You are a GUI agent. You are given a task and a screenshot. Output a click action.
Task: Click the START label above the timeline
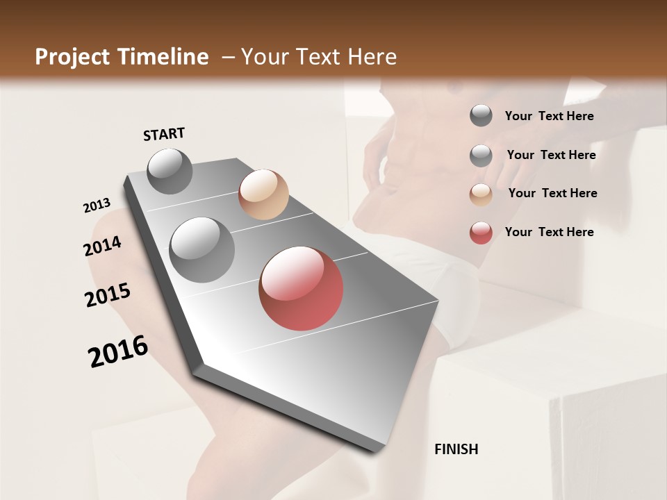(164, 134)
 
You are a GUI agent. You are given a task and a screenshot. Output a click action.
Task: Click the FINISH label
(456, 449)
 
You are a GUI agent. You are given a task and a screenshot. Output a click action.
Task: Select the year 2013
(97, 206)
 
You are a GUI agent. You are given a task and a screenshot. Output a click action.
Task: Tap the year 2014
(102, 247)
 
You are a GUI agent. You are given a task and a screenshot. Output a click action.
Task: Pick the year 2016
(118, 351)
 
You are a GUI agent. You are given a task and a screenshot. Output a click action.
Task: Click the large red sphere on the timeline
(301, 288)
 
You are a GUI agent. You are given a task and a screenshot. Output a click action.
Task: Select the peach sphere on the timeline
(263, 194)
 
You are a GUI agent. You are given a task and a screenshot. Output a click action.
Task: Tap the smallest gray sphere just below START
(170, 171)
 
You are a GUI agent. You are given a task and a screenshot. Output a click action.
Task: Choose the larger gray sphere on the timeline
(201, 249)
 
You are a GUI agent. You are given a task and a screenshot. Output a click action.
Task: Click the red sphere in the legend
(481, 233)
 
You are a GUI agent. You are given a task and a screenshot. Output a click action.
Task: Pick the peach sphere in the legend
(481, 194)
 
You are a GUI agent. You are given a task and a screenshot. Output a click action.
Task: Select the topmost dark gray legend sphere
(481, 116)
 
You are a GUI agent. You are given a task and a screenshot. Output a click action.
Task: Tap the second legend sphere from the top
(481, 156)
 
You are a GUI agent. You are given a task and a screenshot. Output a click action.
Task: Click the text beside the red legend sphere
(549, 232)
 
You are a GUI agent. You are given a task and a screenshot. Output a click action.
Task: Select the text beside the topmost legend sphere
(549, 116)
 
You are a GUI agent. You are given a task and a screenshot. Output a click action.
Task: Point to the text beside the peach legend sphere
(552, 193)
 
